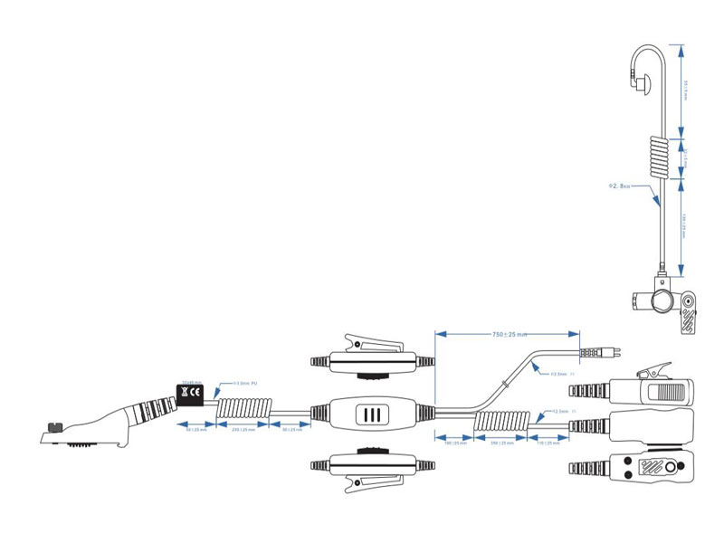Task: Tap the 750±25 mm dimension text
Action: pyautogui.click(x=509, y=334)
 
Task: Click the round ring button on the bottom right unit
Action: pyautogui.click(x=670, y=468)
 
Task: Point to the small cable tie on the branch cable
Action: pyautogui.click(x=510, y=384)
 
